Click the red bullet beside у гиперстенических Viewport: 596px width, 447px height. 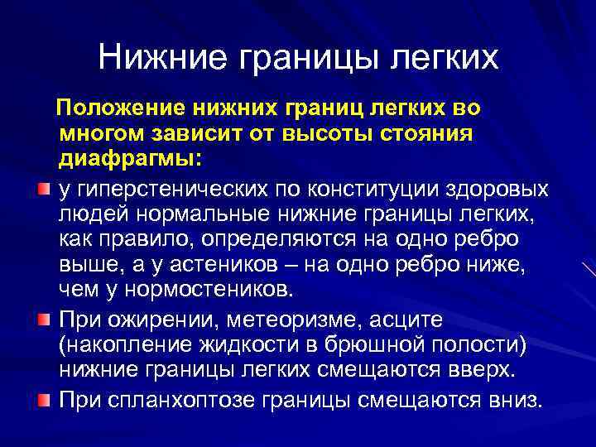click(x=44, y=191)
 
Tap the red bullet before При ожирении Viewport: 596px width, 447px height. click(x=44, y=319)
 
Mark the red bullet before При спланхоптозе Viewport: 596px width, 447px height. click(x=44, y=400)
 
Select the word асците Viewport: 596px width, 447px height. click(x=408, y=320)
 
